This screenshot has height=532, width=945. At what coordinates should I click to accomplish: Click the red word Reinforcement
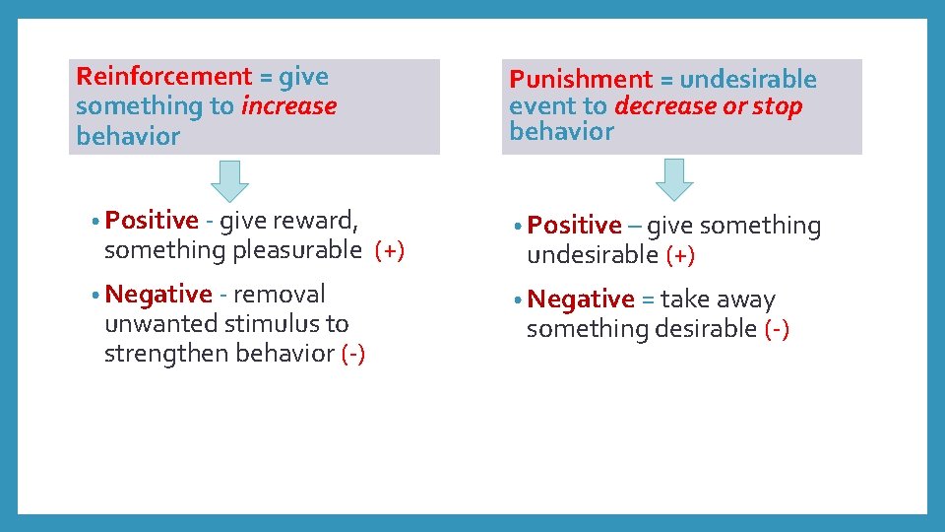[163, 77]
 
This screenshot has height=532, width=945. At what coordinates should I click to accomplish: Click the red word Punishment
[581, 80]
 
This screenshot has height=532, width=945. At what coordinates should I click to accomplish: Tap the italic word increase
[288, 106]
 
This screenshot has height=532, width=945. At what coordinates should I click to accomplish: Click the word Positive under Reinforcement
[152, 221]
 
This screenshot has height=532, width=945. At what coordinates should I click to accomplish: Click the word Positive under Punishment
[574, 226]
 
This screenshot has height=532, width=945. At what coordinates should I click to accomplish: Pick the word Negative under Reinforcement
[157, 294]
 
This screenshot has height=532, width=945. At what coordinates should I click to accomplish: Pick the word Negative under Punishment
[581, 299]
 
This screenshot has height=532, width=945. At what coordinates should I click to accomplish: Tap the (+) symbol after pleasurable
[390, 251]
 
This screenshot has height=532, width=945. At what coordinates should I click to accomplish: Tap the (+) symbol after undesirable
[680, 255]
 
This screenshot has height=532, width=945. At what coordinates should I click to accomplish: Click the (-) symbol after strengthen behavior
[352, 355]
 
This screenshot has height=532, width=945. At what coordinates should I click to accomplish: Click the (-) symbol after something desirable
[777, 329]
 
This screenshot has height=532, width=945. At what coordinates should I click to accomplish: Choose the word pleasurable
[297, 251]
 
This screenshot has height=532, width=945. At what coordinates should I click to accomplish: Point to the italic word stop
[778, 106]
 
